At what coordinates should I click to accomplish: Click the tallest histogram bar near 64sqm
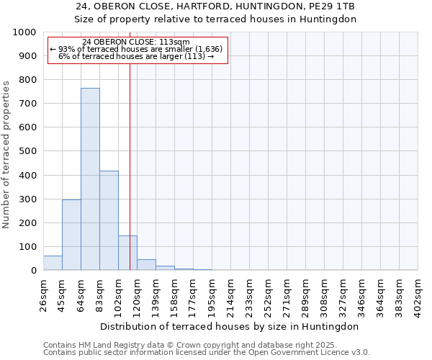90,180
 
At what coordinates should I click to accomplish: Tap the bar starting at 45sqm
71,235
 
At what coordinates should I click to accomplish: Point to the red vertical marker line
130,144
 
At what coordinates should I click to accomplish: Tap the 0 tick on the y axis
34,271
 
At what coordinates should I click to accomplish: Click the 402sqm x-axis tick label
418,293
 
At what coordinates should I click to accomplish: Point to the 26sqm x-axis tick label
43,293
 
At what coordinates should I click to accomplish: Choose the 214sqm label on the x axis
230,293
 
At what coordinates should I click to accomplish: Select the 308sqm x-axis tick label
324,293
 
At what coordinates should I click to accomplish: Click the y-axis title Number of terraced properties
6,154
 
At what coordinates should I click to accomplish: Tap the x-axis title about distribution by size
230,326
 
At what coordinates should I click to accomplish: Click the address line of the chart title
215,6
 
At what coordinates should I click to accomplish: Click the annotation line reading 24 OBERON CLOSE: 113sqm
136,42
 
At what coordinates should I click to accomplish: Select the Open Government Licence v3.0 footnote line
207,353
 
